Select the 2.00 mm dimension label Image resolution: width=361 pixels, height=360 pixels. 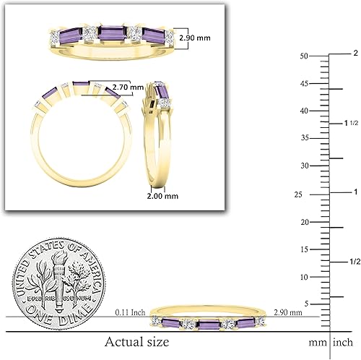coord(162,195)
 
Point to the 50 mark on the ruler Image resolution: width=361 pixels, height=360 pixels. coord(305,56)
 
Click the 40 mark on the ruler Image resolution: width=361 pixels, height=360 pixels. coord(305,111)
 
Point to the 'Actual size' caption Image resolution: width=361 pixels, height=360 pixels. coord(136,340)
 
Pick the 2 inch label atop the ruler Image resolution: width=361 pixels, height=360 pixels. coord(355,53)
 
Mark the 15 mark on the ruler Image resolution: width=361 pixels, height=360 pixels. coord(305,249)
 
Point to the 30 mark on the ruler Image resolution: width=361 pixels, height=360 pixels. coord(305,166)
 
